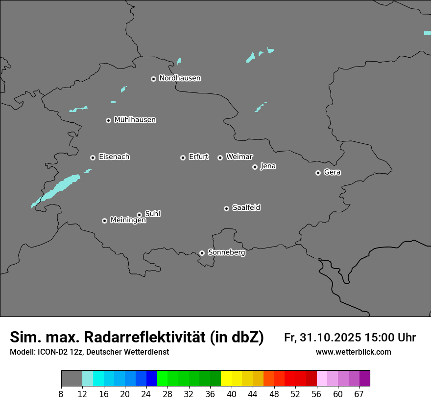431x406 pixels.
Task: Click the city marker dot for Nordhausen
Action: [x=153, y=79]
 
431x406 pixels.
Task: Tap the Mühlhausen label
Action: [x=135, y=120]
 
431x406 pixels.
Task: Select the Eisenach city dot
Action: [x=93, y=158]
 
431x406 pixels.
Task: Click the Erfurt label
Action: [x=198, y=157]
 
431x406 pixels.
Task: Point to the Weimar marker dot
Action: [x=220, y=158]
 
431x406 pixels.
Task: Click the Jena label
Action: [x=268, y=166]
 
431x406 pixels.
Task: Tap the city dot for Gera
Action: [x=318, y=173]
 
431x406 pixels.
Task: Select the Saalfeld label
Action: [x=246, y=208]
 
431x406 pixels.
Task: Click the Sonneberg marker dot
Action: [x=202, y=253]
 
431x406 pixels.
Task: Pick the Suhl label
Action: [x=152, y=214]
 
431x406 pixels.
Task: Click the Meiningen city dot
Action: [x=104, y=221]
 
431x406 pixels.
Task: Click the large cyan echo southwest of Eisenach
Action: [x=61, y=188]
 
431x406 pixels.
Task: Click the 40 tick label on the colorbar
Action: [x=231, y=394]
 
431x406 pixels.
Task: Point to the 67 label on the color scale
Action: [x=359, y=394]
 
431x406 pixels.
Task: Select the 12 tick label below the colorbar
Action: [x=82, y=394]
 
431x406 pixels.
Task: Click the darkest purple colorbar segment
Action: [x=364, y=379]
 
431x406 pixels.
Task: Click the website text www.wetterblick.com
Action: [x=353, y=352]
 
